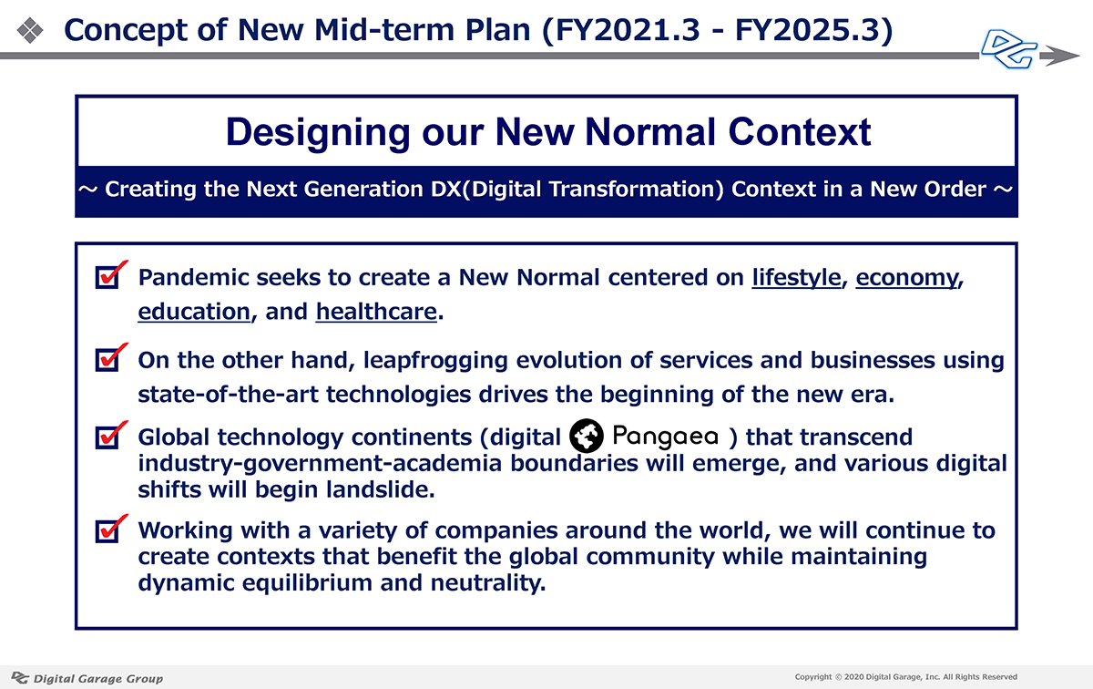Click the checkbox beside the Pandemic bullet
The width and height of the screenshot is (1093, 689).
(107, 277)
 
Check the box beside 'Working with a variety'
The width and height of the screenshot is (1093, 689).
(107, 530)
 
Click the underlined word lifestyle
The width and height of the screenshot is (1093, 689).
(796, 278)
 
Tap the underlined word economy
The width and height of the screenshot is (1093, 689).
(907, 278)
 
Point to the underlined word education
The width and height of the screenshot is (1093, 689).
(194, 312)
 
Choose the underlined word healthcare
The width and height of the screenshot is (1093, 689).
(376, 312)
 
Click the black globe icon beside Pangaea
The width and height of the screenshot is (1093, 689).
(586, 436)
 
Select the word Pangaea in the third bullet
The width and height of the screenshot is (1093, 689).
(665, 437)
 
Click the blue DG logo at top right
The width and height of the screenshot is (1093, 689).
(1009, 49)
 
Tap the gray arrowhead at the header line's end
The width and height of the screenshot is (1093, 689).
(1059, 56)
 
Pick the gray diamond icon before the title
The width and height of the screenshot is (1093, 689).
(30, 30)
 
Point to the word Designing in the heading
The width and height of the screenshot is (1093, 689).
(318, 133)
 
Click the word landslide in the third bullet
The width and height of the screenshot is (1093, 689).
(380, 489)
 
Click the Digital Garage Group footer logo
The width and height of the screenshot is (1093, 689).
(87, 678)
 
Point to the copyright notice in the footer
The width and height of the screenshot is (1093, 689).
(905, 677)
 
